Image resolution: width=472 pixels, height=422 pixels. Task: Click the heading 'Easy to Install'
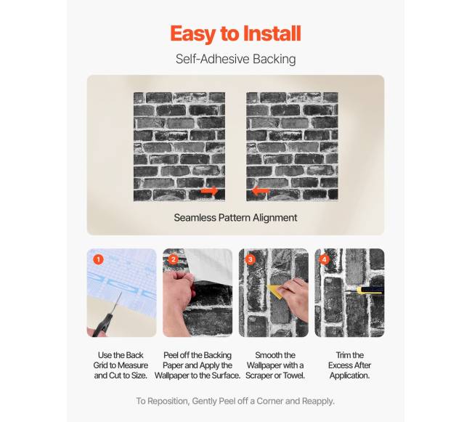click(235, 33)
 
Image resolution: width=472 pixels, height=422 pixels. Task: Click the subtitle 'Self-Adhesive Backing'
click(236, 59)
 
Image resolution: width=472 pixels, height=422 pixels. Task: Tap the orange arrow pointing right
click(210, 191)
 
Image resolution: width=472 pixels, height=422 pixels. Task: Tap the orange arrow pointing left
click(261, 191)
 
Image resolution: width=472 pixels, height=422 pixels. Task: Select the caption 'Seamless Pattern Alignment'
click(235, 218)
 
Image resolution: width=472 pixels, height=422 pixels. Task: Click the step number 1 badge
click(98, 259)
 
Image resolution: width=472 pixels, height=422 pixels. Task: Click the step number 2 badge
click(174, 259)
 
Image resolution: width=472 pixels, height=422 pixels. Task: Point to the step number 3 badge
click(250, 259)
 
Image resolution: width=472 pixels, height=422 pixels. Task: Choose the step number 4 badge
click(324, 259)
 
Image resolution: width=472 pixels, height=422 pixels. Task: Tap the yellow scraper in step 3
click(275, 291)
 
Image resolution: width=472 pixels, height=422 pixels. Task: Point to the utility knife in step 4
click(365, 291)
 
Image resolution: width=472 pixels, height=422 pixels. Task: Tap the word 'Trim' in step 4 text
click(343, 355)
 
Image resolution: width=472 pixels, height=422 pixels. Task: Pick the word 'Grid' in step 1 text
click(100, 365)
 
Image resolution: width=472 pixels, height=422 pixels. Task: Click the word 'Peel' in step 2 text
click(171, 355)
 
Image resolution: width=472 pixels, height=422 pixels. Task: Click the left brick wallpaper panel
click(179, 147)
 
